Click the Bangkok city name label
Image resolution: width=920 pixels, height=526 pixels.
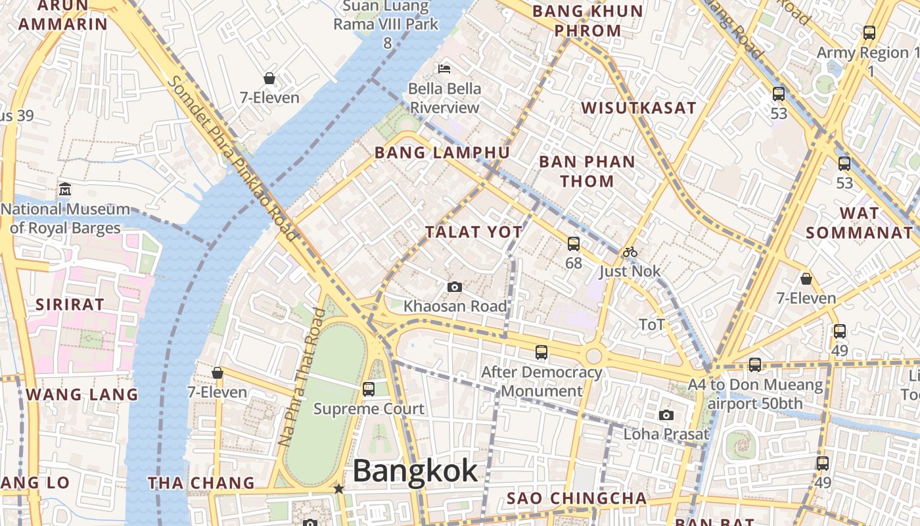[415, 471]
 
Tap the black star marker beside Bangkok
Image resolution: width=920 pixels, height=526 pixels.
[338, 489]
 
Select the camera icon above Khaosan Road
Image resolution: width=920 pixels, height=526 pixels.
[454, 287]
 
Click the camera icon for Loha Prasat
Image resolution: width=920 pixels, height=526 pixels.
[666, 416]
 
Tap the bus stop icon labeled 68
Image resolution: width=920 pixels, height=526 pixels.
[574, 244]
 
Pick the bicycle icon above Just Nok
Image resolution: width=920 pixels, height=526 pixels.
[630, 252]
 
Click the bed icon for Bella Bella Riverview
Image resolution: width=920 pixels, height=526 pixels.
[444, 68]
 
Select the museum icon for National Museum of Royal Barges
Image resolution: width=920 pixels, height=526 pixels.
[64, 189]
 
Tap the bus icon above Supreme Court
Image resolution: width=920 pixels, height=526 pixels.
[369, 389]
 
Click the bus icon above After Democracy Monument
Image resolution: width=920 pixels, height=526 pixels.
[541, 352]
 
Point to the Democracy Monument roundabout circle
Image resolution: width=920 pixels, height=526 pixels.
[593, 356]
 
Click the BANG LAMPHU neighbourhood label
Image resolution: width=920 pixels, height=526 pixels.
[442, 153]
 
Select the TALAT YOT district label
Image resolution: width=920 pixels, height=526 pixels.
[473, 231]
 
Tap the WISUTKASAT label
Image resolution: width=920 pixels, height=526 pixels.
[638, 108]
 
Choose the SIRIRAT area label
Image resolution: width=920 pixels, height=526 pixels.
[70, 304]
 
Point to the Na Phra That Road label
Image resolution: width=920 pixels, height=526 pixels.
[302, 377]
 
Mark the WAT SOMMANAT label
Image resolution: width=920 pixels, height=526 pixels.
[859, 223]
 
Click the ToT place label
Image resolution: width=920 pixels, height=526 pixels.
[652, 324]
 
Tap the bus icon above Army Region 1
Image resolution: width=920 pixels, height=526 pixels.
[869, 32]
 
